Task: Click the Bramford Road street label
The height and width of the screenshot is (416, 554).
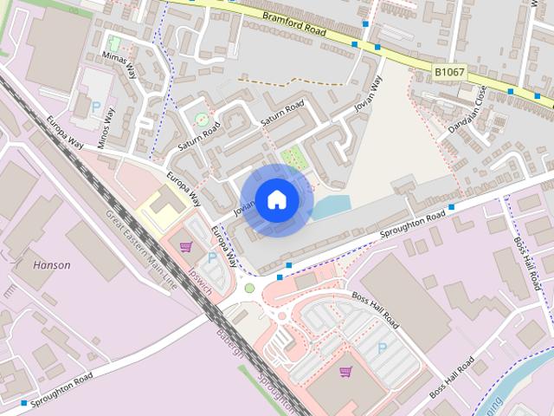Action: [x=291, y=23]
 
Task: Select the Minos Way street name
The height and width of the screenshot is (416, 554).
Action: [x=106, y=127]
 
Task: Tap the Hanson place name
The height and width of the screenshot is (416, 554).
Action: [x=52, y=264]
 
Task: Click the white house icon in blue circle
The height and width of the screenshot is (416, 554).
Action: [x=276, y=200]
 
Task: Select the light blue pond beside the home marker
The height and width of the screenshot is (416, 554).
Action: [x=332, y=207]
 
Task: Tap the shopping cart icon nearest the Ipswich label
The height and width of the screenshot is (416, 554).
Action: [x=185, y=247]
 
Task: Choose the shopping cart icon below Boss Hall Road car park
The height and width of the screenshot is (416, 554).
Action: [x=345, y=373]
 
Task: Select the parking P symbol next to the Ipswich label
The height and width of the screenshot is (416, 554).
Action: [x=212, y=257]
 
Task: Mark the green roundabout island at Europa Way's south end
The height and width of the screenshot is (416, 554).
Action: [x=249, y=288]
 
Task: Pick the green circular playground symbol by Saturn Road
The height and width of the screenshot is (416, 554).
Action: [x=202, y=119]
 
